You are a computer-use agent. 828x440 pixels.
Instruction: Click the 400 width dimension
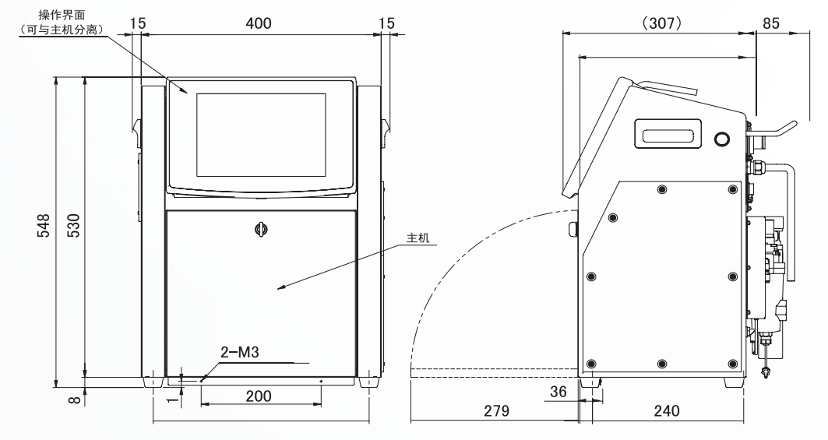259,23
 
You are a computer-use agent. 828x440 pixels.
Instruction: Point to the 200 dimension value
259,396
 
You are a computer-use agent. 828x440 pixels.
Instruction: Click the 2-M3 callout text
240,352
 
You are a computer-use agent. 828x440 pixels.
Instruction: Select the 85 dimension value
771,23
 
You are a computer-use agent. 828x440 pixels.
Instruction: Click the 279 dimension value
496,411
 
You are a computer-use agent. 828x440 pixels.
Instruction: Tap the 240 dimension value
667,411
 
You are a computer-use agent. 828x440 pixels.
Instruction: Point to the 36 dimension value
558,392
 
